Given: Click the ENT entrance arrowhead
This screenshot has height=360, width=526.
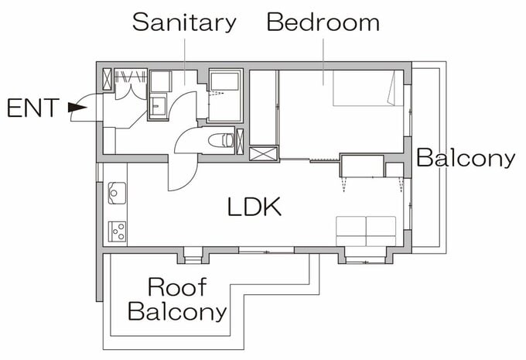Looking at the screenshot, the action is pos(77,108).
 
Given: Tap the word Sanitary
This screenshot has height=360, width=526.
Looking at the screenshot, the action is pos(184,22).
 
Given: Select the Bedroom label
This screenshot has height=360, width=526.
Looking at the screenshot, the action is pos(323,22).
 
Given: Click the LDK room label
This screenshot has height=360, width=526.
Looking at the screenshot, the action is pos(254,207).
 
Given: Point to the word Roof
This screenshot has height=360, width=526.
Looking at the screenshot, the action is pos(177,287).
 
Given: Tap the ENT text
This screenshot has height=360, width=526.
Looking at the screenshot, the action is pos(33,108).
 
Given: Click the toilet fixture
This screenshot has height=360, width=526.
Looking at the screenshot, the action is pos(221,140).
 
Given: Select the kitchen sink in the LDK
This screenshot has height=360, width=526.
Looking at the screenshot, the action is pos(117,193).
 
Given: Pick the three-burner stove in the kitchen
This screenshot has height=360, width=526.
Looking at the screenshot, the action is pos(117,231).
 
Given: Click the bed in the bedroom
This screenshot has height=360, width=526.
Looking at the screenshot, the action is pos(368,88).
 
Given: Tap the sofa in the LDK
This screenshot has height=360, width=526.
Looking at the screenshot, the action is pos(366,231).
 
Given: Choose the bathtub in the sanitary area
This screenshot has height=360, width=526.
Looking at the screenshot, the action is pos(225,95).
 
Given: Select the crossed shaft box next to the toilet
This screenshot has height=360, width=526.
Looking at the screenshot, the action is pos(241,142).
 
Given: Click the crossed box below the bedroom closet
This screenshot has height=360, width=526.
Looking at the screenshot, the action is pos(263,153).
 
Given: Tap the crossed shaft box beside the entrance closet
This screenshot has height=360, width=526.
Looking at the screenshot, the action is pos(107,79).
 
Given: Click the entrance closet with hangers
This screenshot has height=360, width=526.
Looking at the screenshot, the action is pos(131,84).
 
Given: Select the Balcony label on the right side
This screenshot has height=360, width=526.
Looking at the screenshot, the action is pos(466,158).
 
